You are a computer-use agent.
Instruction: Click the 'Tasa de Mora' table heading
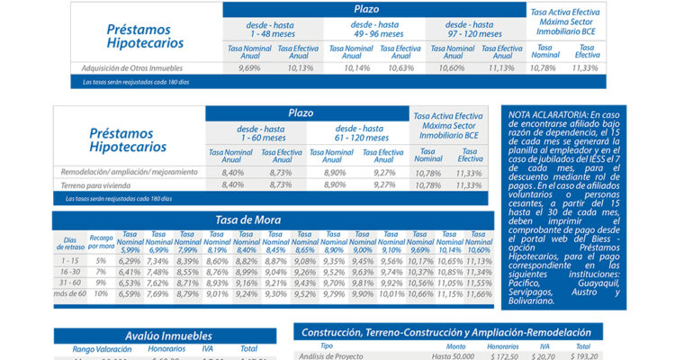(247, 220)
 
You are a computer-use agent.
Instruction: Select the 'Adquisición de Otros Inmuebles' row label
(131, 67)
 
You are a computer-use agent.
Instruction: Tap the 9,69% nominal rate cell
(249, 67)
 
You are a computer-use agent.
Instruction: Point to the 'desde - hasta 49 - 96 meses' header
(376, 29)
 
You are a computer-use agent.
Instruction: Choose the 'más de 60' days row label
(69, 293)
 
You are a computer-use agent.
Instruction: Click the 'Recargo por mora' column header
(102, 240)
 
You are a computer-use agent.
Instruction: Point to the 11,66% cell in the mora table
(480, 293)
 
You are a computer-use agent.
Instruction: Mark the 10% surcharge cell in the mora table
(102, 293)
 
